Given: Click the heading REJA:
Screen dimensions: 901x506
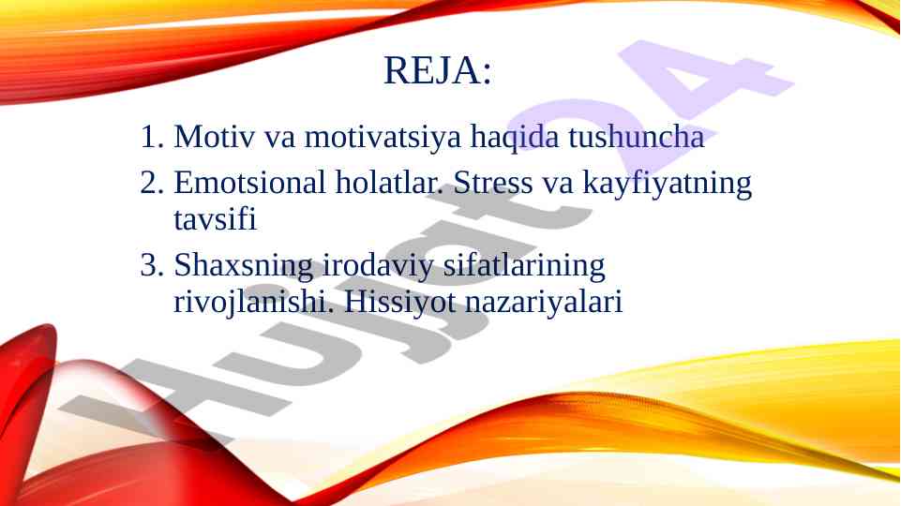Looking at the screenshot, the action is pos(438,70).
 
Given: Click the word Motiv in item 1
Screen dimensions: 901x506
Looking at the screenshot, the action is pos(214,137).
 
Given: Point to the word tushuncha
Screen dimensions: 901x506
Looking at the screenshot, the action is pos(636,137).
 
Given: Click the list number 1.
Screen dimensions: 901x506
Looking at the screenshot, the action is pos(152,137).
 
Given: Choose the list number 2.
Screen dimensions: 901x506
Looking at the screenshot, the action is pos(152,184).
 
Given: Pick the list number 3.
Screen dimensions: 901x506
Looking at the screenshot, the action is pos(152,266).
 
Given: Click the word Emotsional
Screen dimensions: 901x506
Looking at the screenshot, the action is pos(250,184).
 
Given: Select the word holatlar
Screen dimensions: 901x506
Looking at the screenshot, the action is pos(390,184).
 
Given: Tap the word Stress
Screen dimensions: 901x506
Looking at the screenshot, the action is pos(493,184).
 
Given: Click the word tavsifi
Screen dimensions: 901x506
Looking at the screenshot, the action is pos(215,219).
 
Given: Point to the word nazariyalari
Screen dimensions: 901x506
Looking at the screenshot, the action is pos(544,302).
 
